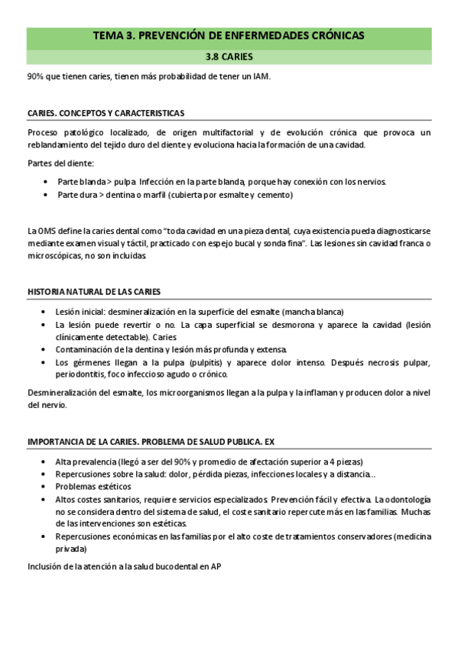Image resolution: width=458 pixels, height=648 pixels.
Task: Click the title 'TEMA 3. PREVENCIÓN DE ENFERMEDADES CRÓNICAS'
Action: coord(229,35)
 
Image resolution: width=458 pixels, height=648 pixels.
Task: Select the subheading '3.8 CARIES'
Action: coord(229,57)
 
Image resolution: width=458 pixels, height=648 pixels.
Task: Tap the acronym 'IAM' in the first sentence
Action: coord(262,77)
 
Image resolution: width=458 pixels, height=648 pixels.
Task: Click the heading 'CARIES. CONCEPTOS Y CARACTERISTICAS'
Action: coord(106,113)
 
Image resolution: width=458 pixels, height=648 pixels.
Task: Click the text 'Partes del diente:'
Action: coord(60,164)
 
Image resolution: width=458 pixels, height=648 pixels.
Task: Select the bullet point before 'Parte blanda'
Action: coord(46,182)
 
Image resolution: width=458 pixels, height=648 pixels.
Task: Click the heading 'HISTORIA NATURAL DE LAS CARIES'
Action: coord(94,292)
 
